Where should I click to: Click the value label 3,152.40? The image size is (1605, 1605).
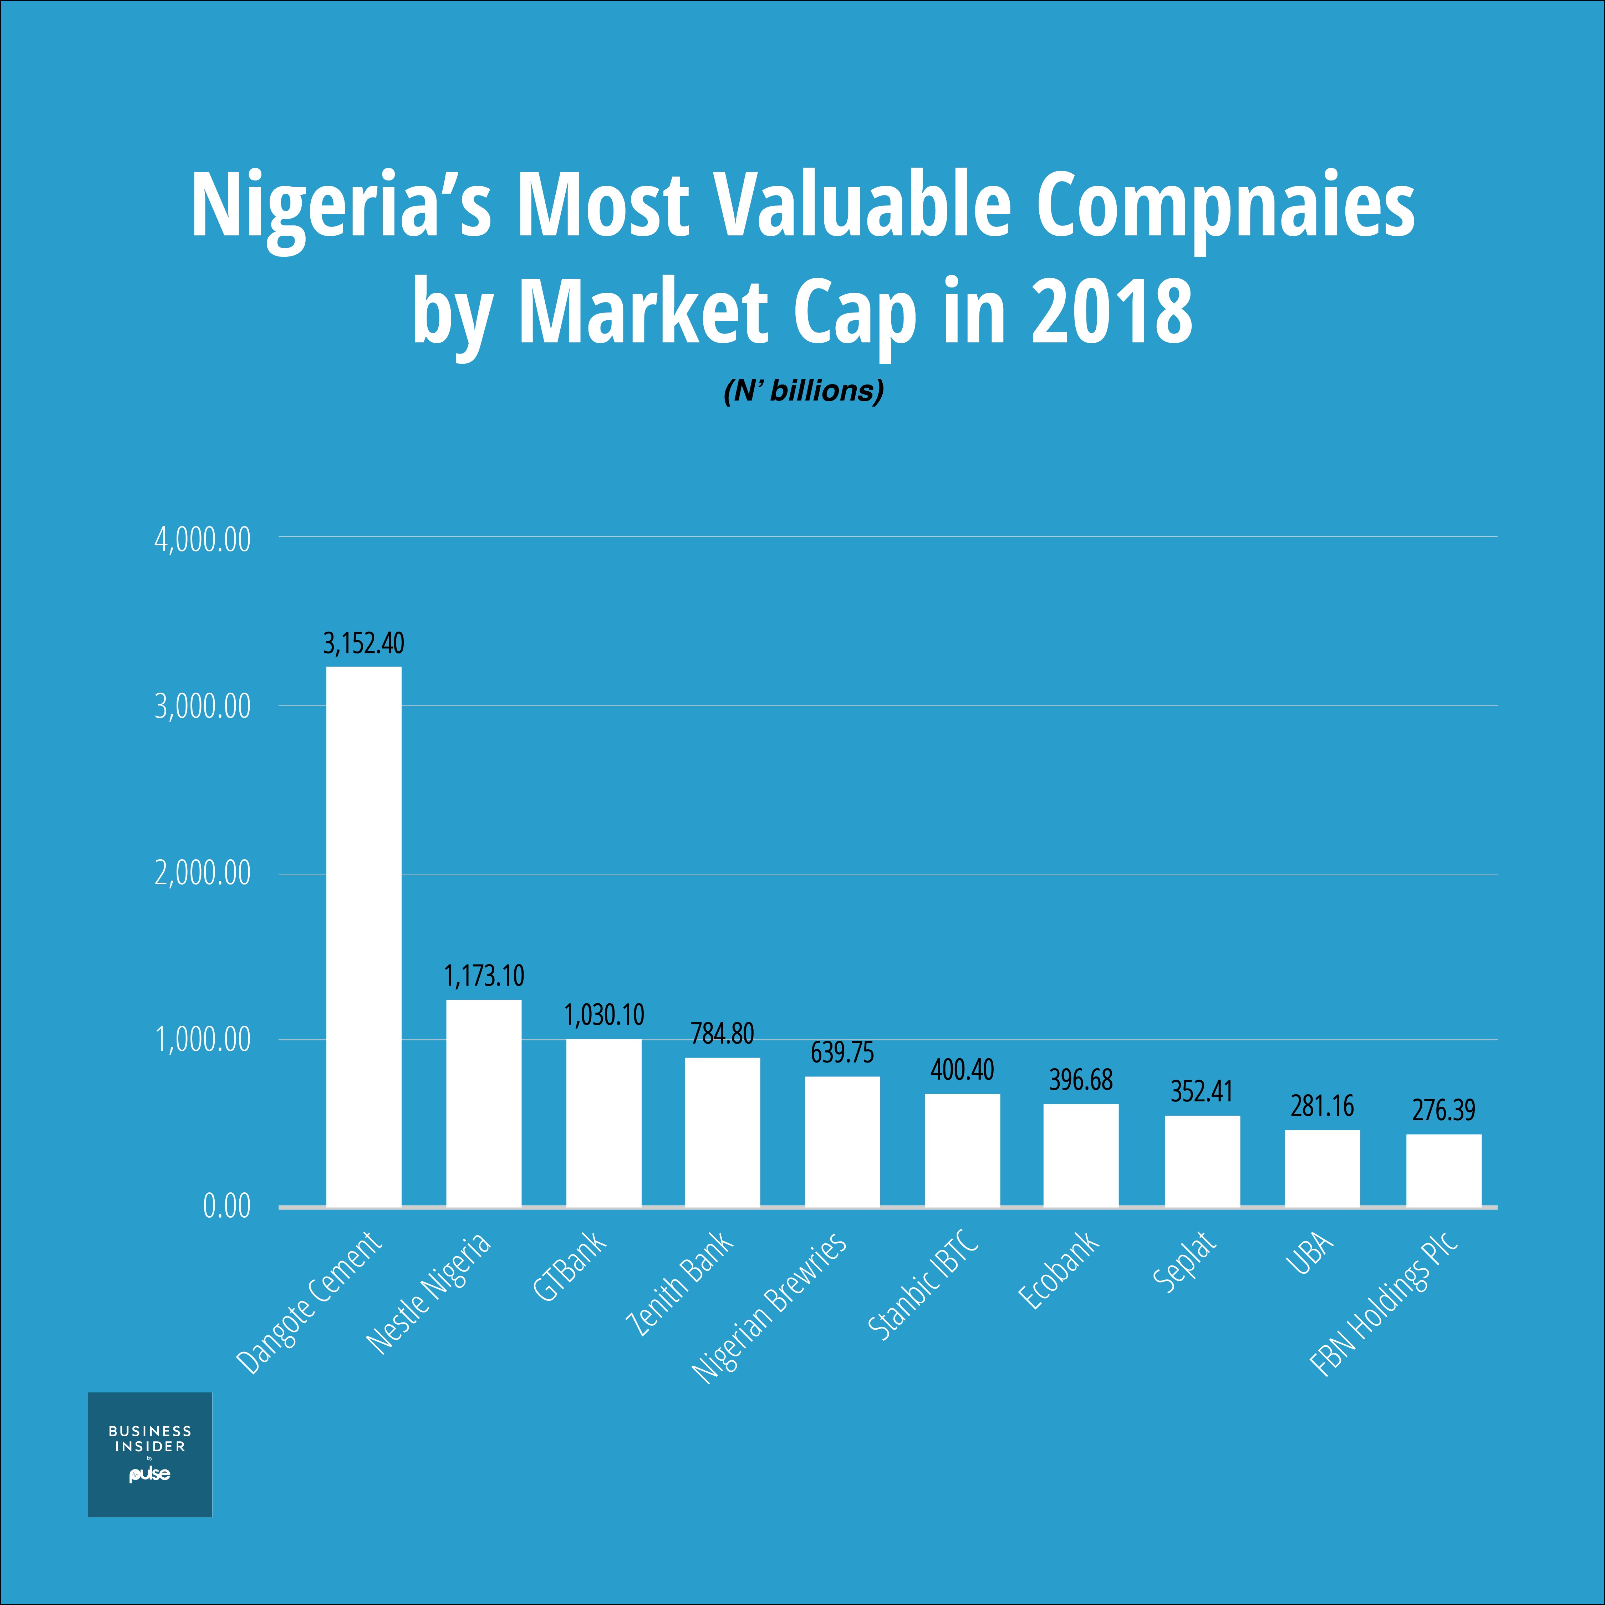click(364, 643)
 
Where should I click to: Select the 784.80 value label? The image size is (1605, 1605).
click(722, 1034)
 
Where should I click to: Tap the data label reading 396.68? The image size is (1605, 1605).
click(1081, 1080)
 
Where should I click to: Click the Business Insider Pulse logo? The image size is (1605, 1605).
click(149, 1454)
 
